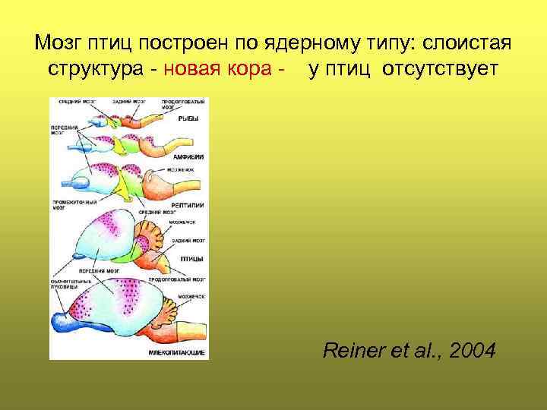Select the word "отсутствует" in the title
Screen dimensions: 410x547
click(441, 70)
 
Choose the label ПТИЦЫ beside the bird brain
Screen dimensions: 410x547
click(191, 259)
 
